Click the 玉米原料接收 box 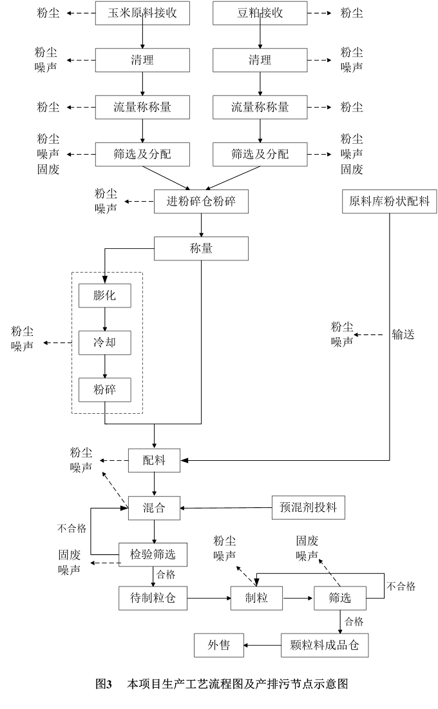142,13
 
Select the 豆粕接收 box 260,13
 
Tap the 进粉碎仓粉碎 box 201,202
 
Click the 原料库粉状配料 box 389,202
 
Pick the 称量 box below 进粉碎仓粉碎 201,248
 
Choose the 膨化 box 104,296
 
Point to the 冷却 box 104,343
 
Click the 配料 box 155,460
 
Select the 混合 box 155,508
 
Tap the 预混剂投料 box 304,508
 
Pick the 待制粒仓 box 152,598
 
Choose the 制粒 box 258,598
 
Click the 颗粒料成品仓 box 325,645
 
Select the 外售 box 219,645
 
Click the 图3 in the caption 104,684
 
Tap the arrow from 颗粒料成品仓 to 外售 263,645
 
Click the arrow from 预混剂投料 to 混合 226,508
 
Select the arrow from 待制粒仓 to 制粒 209,598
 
